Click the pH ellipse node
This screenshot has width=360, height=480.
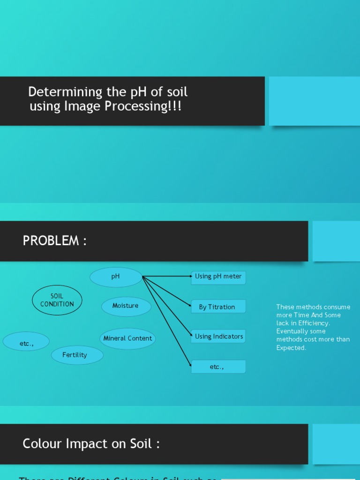(116, 277)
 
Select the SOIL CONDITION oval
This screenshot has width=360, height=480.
(57, 300)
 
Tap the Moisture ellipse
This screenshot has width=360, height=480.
(126, 306)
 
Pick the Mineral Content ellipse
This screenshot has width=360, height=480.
(127, 338)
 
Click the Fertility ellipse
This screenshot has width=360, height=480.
(75, 355)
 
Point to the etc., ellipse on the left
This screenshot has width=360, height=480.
(26, 343)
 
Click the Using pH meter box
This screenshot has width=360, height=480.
(218, 277)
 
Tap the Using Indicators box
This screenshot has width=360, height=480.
(218, 337)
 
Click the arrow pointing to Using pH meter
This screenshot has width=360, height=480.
(166, 277)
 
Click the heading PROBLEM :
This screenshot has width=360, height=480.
(55, 241)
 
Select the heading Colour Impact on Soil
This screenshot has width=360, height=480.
(91, 443)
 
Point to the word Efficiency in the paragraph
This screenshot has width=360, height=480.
(312, 323)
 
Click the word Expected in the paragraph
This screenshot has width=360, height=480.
(291, 348)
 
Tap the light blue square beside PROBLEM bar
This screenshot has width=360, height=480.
(336, 241)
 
